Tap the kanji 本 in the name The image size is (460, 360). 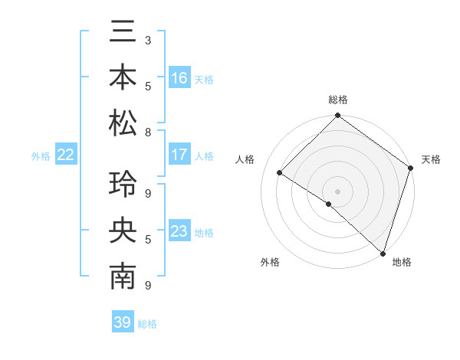click(123, 78)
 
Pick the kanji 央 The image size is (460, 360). click(123, 231)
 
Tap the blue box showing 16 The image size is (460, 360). click(179, 78)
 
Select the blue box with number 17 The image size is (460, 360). click(179, 155)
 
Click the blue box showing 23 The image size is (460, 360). click(179, 231)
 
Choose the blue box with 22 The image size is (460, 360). click(66, 155)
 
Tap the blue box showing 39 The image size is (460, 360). click(122, 322)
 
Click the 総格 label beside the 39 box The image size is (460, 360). click(148, 324)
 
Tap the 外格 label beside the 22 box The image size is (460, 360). click(41, 155)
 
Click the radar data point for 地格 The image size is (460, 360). click(383, 253)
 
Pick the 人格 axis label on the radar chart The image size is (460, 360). click(246, 159)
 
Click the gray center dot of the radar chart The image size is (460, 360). click(337, 190)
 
